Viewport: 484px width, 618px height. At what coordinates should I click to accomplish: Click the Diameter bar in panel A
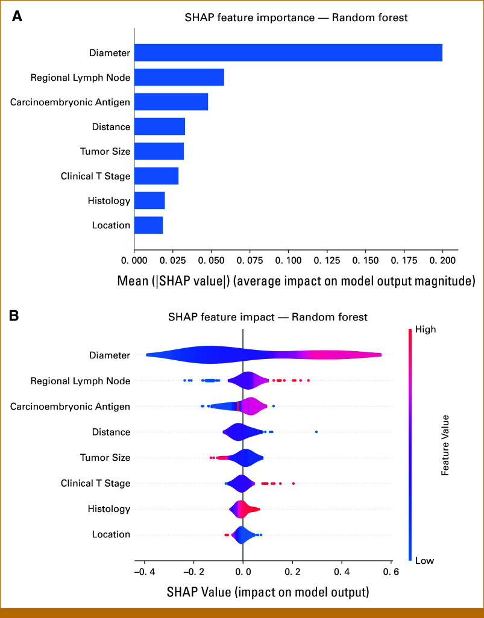(x=288, y=52)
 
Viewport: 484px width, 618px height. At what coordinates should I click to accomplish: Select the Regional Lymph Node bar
(x=179, y=77)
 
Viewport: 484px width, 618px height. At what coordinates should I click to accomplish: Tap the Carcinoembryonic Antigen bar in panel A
(x=171, y=102)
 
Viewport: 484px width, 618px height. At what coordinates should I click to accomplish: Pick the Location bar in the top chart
(x=148, y=225)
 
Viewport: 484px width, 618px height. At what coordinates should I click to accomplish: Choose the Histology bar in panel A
(x=149, y=201)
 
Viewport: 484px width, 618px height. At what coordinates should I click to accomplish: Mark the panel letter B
(x=17, y=314)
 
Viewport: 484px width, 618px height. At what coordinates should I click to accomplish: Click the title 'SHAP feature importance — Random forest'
(x=296, y=17)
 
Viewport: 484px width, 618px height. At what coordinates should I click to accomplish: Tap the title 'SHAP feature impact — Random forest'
(x=268, y=316)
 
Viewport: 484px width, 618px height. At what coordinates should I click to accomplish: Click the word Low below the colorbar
(x=424, y=560)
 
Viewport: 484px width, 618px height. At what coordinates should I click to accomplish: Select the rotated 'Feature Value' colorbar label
(x=445, y=445)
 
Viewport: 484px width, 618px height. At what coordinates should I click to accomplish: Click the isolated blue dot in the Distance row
(x=316, y=432)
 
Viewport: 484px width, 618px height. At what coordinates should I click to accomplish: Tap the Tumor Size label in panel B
(x=105, y=458)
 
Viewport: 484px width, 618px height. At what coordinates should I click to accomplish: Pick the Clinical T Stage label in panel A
(x=95, y=176)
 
